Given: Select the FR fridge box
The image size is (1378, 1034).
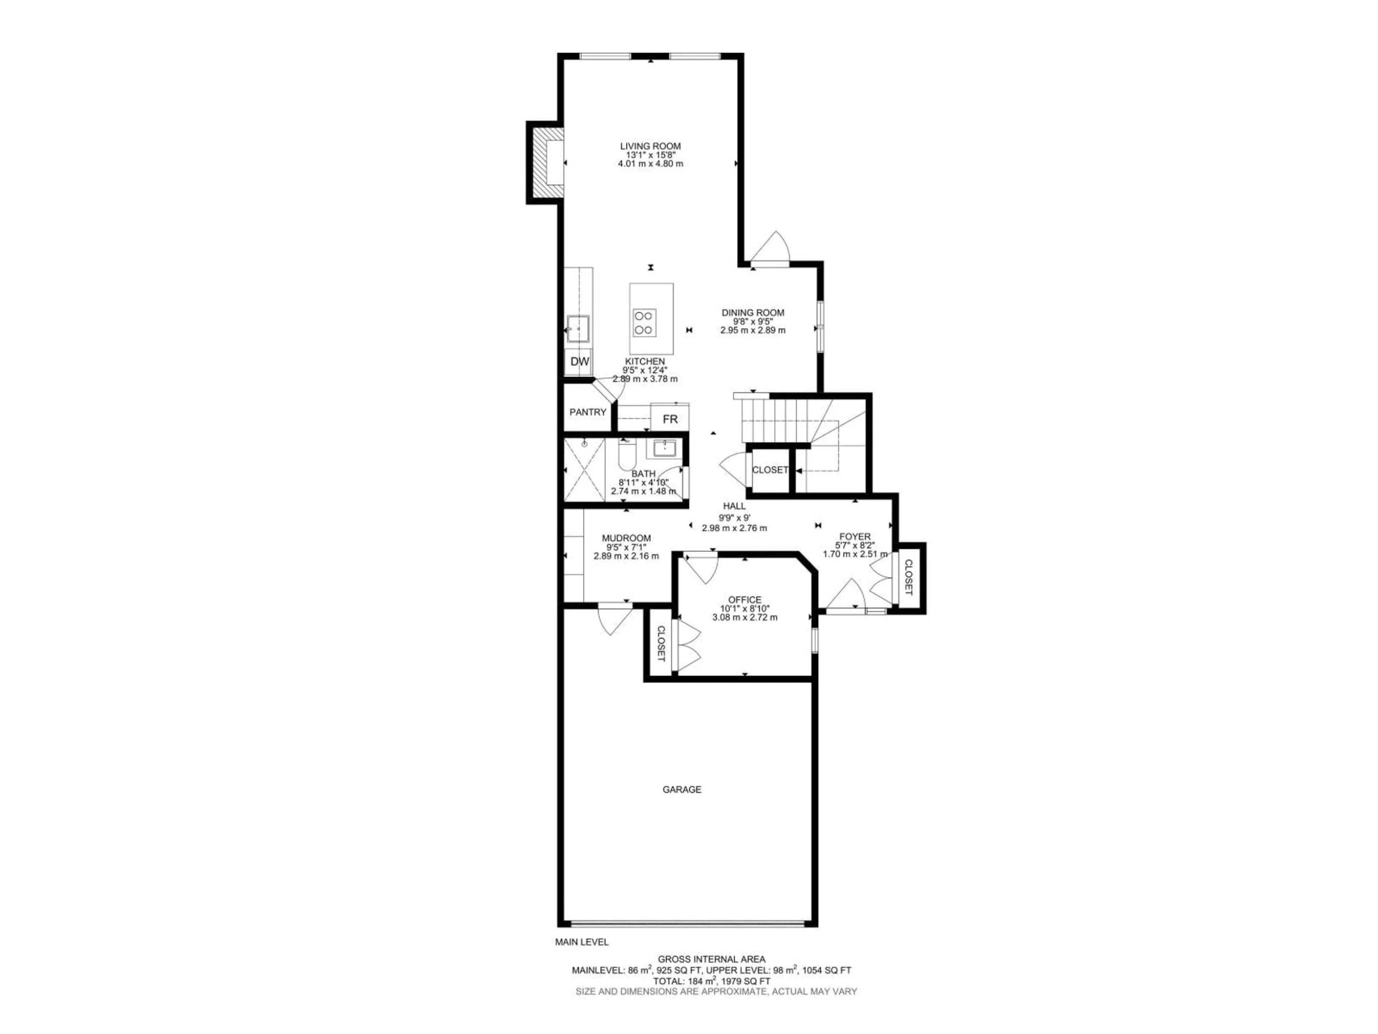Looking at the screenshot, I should pyautogui.click(x=670, y=419).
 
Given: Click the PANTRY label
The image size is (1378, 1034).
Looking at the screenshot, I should pyautogui.click(x=587, y=412).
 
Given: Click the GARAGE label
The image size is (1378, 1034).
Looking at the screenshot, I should pyautogui.click(x=681, y=790).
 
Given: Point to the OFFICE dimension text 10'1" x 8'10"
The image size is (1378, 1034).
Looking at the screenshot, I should pyautogui.click(x=745, y=609).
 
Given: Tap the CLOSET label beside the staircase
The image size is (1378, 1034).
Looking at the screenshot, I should pyautogui.click(x=770, y=470).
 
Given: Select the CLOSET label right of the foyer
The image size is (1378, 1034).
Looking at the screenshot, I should pyautogui.click(x=908, y=577).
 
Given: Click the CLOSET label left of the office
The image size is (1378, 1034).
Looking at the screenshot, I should pyautogui.click(x=660, y=644).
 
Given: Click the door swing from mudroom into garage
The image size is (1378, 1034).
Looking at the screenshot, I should pyautogui.click(x=614, y=619).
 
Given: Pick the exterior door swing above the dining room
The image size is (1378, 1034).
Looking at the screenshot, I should pyautogui.click(x=771, y=249).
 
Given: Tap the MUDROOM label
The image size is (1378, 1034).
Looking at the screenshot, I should pyautogui.click(x=626, y=538).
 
